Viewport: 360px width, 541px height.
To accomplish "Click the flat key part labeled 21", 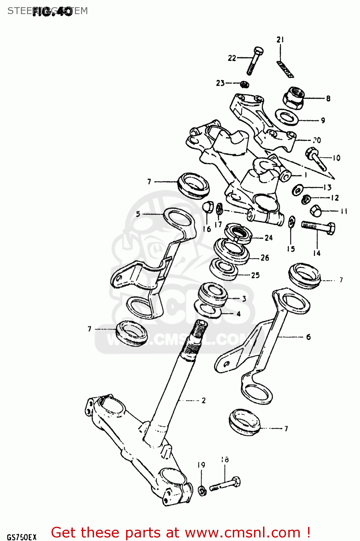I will tap(285, 69).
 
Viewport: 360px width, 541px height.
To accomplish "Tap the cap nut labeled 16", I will tap(208, 207).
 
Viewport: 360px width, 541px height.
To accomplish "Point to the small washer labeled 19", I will tap(202, 490).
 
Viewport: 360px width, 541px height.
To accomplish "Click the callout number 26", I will tap(265, 258).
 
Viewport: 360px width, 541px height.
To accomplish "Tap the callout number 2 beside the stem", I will tap(204, 400).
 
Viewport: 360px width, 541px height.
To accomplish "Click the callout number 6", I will tap(308, 337).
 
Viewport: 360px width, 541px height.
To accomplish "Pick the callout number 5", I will tap(138, 214).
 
